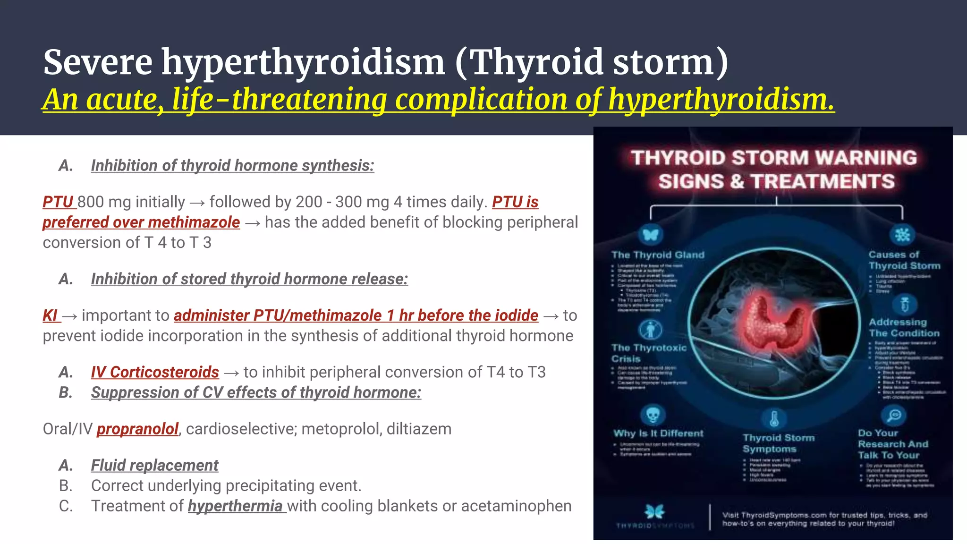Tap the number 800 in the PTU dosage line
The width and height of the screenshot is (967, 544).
[x=91, y=202]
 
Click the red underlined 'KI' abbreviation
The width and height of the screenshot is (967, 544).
[x=50, y=315]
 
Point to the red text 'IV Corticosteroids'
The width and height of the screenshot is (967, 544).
[x=155, y=372]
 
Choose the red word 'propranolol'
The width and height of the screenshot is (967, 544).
[x=137, y=429]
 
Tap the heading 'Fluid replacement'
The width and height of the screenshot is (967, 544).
[x=154, y=465]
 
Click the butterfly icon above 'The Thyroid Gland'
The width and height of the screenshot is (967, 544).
[x=650, y=235]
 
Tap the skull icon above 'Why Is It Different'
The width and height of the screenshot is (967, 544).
[x=653, y=415]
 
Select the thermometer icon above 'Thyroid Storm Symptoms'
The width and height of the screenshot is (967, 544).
[x=774, y=418]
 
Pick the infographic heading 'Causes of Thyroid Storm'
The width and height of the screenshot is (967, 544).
[x=904, y=260]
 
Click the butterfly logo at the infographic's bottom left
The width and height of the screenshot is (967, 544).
[x=654, y=511]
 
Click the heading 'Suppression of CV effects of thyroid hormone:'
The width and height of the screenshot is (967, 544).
[x=256, y=392]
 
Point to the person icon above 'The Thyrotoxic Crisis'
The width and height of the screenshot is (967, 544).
[x=650, y=330]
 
